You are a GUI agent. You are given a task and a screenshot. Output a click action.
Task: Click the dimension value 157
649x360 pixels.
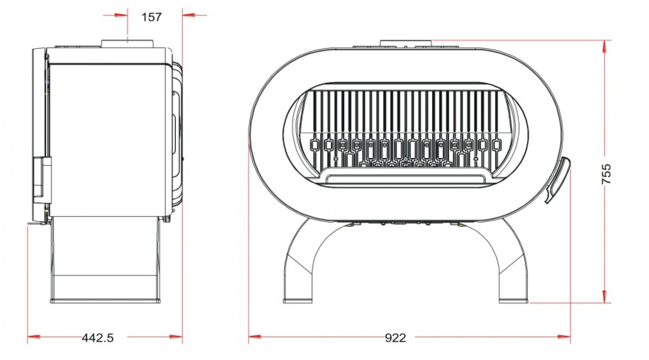151,17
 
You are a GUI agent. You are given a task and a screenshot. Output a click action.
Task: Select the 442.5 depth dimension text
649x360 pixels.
97,338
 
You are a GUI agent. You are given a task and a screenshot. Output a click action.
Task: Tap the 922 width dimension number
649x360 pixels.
395,338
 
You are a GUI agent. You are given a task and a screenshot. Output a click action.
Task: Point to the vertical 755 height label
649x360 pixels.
606,174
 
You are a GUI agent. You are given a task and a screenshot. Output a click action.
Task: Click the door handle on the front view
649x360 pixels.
557,180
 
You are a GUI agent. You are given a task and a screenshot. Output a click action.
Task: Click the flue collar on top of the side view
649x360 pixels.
127,43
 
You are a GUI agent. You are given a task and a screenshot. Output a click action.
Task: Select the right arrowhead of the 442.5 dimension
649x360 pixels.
176,337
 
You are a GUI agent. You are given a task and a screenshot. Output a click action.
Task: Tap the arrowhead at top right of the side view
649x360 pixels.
189,15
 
